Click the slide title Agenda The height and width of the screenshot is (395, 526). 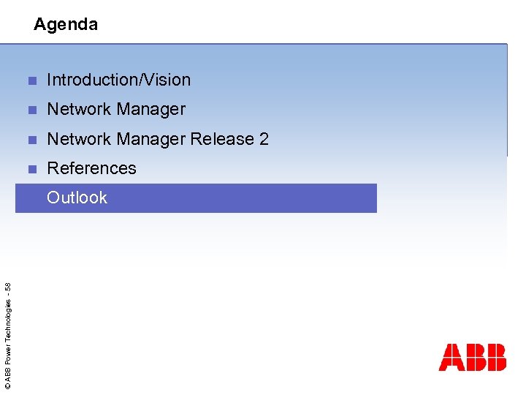(x=66, y=24)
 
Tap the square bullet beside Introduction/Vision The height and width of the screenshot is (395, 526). (x=31, y=80)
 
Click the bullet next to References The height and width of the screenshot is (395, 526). (x=31, y=169)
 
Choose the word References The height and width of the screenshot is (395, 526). (x=91, y=168)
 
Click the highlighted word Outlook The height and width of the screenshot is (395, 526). (x=77, y=197)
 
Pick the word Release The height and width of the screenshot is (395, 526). (x=223, y=139)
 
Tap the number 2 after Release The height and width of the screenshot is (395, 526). (x=264, y=139)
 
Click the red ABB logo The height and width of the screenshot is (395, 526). (x=472, y=358)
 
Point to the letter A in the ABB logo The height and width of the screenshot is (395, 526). (x=450, y=358)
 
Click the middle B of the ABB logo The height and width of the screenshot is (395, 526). (x=473, y=358)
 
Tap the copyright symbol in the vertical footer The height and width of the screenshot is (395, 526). (x=7, y=385)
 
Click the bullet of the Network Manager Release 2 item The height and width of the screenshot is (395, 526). (x=31, y=140)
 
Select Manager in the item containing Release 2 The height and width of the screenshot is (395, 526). (x=152, y=139)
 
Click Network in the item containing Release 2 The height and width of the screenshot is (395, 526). (x=77, y=139)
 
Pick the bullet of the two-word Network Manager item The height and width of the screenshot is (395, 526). (x=31, y=110)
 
